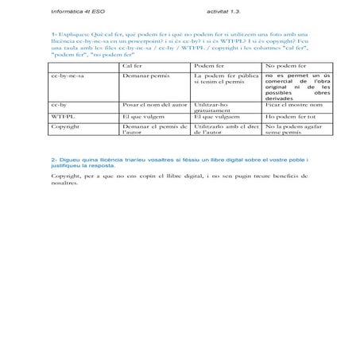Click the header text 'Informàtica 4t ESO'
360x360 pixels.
pyautogui.click(x=75, y=13)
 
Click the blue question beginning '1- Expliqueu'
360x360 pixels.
pyautogui.click(x=179, y=47)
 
